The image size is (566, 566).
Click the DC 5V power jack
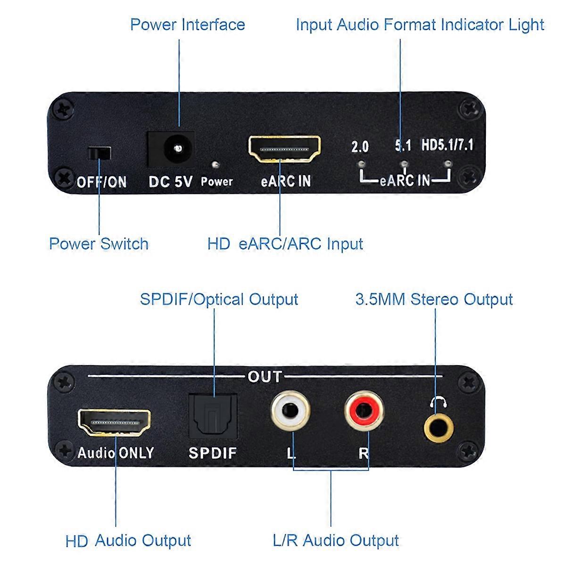(x=178, y=148)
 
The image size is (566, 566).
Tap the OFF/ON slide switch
(x=99, y=154)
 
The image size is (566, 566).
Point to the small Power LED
(x=215, y=165)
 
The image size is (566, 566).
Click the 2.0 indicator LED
(x=361, y=164)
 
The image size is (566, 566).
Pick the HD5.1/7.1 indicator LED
(x=448, y=164)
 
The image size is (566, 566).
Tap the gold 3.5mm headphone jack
(x=438, y=427)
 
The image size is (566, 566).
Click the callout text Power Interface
(x=188, y=25)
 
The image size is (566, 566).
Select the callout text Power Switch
(x=99, y=244)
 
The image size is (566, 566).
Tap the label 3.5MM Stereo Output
(x=433, y=300)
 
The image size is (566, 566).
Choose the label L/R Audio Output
(x=336, y=541)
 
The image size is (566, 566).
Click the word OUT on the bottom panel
(x=265, y=377)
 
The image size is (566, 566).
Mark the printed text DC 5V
(x=170, y=182)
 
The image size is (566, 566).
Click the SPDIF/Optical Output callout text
(x=219, y=300)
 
